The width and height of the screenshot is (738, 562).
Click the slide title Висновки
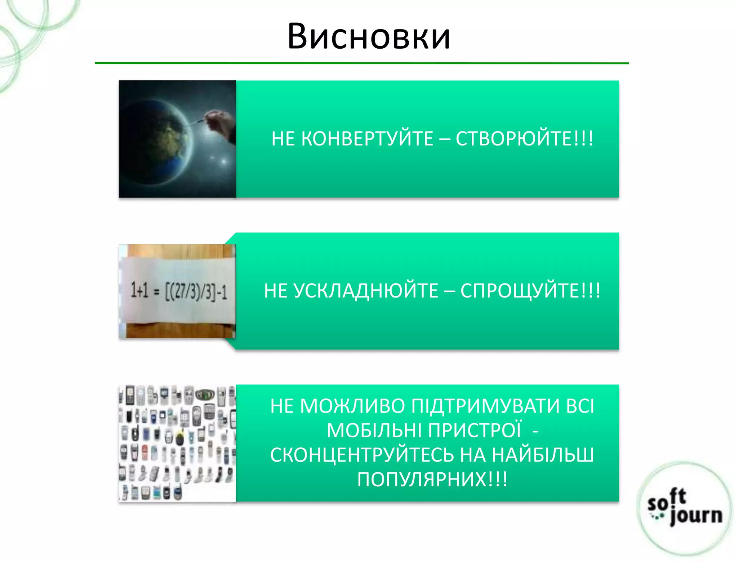click(x=369, y=36)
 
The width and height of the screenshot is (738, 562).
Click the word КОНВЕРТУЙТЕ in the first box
click(x=367, y=139)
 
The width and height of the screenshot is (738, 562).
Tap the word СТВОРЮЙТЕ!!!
click(x=524, y=139)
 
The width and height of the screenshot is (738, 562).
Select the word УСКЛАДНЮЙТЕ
click(x=366, y=291)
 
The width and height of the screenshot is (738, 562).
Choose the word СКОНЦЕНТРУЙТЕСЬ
click(x=362, y=455)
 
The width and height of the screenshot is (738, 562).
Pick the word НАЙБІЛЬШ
click(x=543, y=455)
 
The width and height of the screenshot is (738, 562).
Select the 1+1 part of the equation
click(x=139, y=290)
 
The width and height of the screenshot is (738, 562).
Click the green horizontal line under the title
click(x=362, y=63)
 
